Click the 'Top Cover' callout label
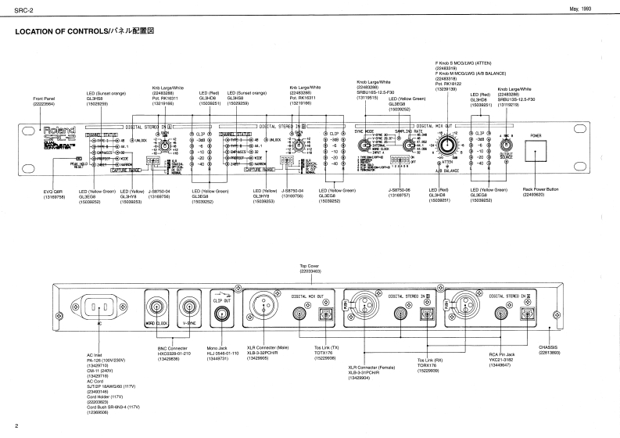coord(310,267)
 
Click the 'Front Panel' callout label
coord(45,99)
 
